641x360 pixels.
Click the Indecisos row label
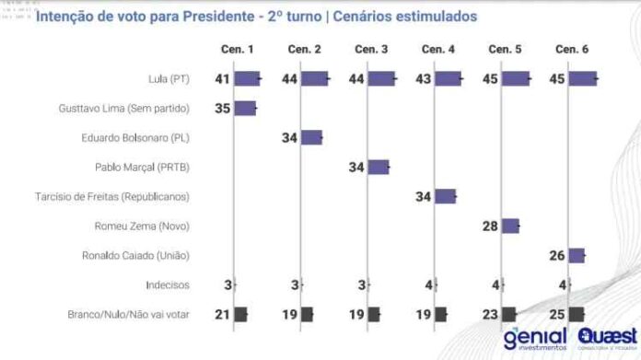(166, 285)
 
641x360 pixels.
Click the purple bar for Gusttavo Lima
(245, 109)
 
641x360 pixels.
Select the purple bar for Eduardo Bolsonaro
(311, 138)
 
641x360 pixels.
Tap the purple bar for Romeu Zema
(510, 226)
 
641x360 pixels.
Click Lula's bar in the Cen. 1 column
(247, 79)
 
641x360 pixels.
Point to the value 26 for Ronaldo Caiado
(556, 256)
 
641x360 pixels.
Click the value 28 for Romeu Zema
(489, 226)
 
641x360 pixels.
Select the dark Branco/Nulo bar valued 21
(240, 315)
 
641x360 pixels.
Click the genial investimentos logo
(535, 339)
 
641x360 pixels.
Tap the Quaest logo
(607, 339)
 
